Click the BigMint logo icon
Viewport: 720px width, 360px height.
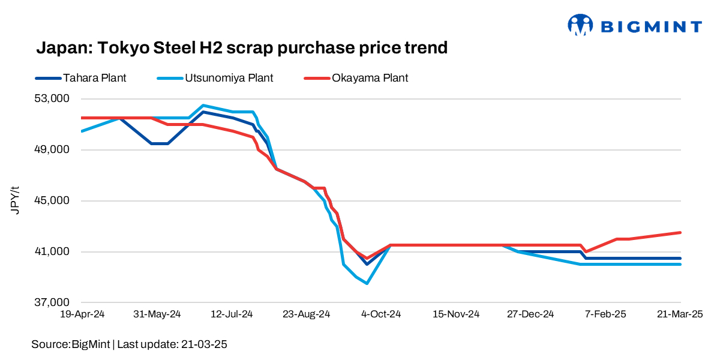[x=580, y=25]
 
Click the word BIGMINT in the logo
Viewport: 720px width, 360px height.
[x=650, y=26]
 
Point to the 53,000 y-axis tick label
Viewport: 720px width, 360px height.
[x=51, y=98]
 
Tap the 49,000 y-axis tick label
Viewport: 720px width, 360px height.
[x=51, y=149]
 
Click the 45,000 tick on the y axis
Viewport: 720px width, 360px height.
[x=51, y=200]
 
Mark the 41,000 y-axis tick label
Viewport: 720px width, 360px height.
[x=51, y=251]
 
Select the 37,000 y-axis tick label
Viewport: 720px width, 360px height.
[x=51, y=302]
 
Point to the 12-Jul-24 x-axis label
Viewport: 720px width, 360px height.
[x=232, y=314]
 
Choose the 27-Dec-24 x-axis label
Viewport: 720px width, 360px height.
[x=530, y=314]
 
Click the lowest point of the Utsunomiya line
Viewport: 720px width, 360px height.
[x=366, y=283]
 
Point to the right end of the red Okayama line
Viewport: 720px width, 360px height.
[x=680, y=232]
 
